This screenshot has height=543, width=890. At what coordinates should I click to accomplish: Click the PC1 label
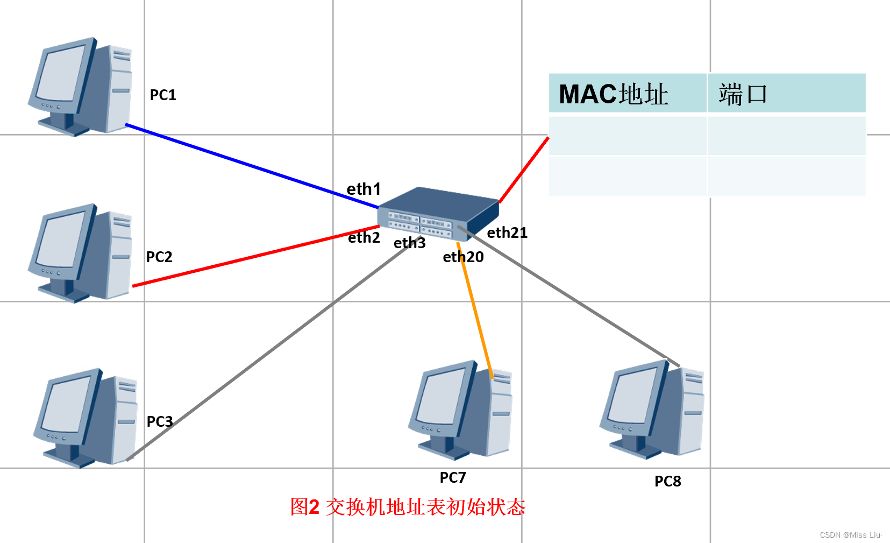(162, 95)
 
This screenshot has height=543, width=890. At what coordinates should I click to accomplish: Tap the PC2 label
(159, 257)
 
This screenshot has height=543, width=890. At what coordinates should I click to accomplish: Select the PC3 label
(160, 421)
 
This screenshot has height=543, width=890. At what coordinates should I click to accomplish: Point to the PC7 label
(453, 478)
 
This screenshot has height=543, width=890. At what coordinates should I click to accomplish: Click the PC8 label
(668, 482)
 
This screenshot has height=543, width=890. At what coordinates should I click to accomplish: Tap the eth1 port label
(364, 189)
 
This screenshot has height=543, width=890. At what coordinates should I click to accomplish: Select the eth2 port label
(364, 238)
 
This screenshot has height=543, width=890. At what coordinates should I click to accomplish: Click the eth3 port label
(410, 243)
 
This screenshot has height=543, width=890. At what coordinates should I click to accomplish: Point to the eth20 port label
(463, 257)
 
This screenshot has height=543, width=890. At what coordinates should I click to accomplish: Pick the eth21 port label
(507, 233)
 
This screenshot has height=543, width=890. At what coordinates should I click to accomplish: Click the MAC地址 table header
(614, 94)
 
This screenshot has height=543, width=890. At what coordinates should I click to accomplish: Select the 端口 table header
(743, 94)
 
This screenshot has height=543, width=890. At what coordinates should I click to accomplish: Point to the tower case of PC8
(692, 412)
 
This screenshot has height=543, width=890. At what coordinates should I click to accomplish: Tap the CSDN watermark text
(850, 535)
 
